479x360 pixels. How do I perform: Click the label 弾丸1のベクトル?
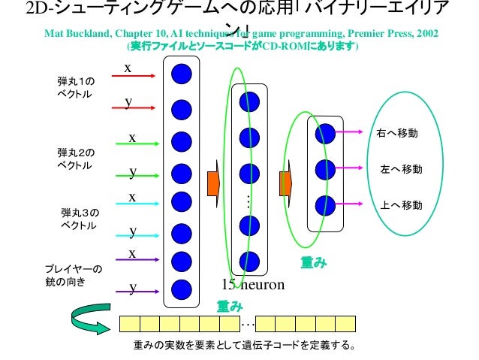click(x=74, y=88)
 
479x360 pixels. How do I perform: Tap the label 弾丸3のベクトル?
click(x=79, y=219)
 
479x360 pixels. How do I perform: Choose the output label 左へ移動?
click(x=401, y=170)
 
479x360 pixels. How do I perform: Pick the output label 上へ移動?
click(x=401, y=205)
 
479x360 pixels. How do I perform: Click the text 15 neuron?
click(x=253, y=284)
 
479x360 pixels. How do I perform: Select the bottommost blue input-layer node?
click(x=181, y=288)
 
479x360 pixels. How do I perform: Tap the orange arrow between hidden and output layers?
click(x=285, y=182)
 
